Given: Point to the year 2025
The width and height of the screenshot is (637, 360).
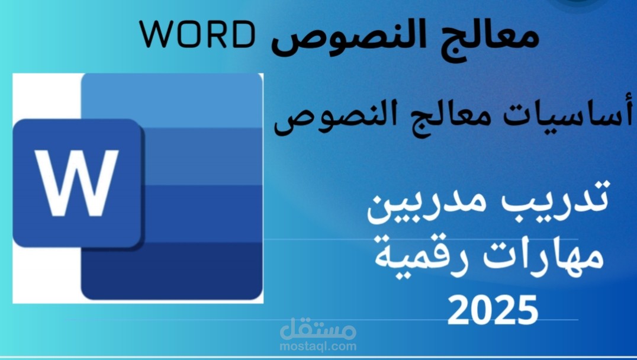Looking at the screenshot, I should [493, 308].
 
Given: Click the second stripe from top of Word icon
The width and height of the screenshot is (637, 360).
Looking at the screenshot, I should [201, 156].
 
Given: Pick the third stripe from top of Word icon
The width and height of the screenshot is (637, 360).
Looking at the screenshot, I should [201, 213].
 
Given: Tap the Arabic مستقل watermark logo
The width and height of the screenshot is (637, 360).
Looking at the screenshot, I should [318, 327].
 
